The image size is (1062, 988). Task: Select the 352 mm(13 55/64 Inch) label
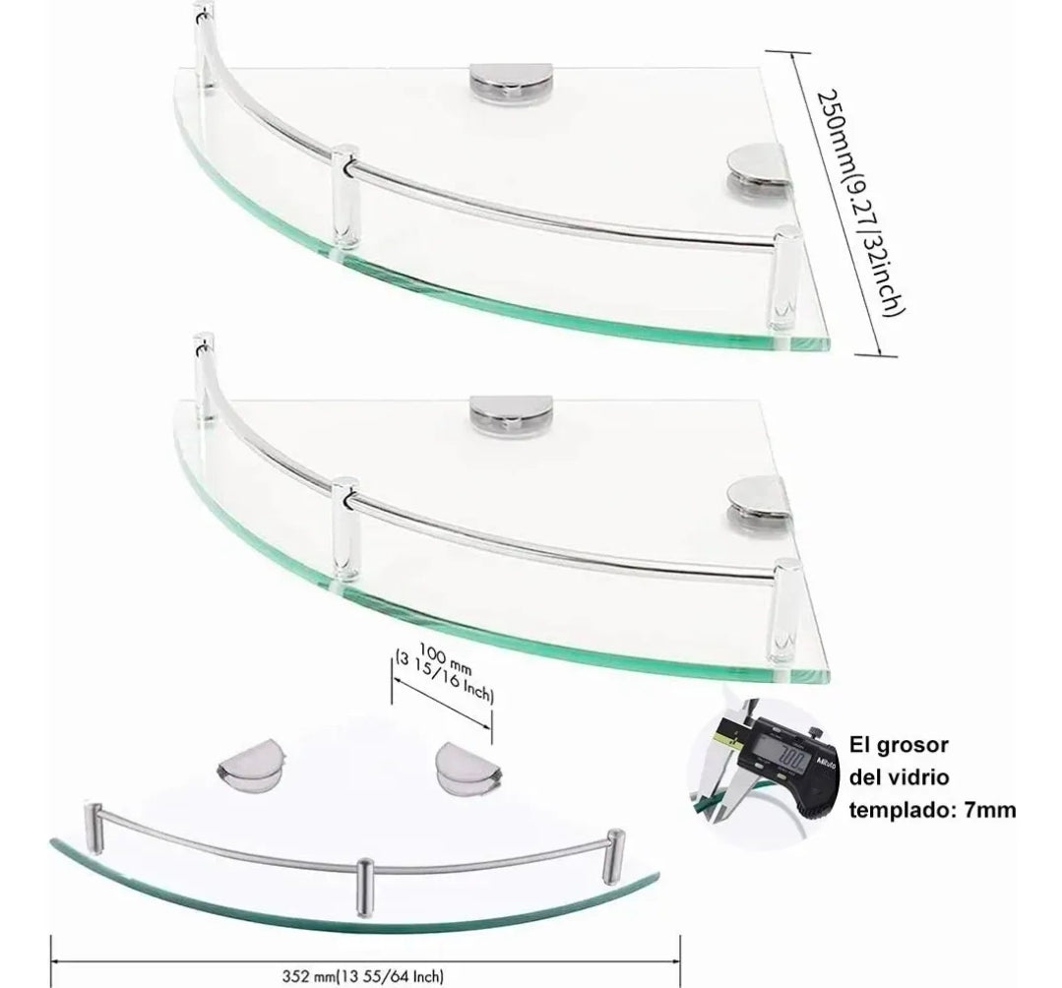click(x=363, y=976)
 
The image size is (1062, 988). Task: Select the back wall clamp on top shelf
click(x=512, y=84)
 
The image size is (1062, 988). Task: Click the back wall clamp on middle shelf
click(x=512, y=416)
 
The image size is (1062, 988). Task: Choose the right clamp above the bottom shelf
click(x=469, y=766)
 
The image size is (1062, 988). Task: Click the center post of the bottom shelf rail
click(x=364, y=884)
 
